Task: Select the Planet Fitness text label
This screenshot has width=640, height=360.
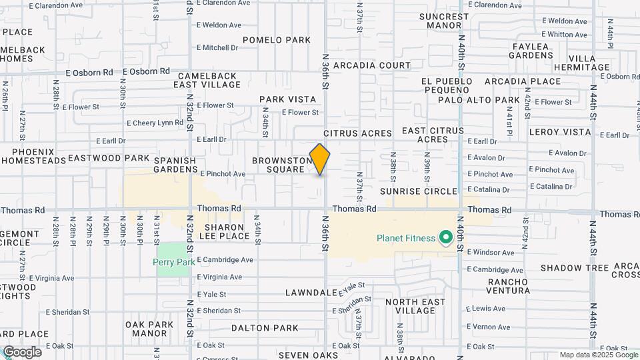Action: click(405, 238)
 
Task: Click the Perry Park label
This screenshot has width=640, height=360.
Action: click(174, 262)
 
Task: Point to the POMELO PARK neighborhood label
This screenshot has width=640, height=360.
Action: click(277, 40)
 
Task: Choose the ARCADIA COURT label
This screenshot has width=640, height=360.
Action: click(372, 65)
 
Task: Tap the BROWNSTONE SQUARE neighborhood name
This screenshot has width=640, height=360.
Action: click(283, 165)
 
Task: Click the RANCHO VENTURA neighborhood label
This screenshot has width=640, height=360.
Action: click(499, 285)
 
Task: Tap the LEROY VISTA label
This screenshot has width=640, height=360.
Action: click(560, 132)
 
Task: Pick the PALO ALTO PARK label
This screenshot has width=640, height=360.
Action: click(479, 100)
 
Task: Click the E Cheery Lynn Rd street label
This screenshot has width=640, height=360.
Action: click(155, 123)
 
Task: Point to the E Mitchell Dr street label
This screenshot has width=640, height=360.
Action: click(217, 47)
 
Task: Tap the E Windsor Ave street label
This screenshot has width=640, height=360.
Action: click(491, 253)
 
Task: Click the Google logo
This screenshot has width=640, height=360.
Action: click(22, 352)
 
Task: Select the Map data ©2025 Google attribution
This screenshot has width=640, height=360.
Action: click(599, 355)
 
